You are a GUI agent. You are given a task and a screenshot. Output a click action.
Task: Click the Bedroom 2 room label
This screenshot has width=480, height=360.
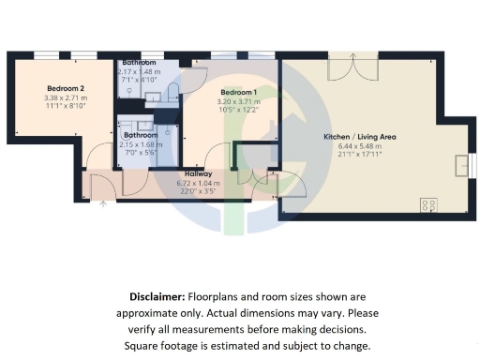pos(66,89)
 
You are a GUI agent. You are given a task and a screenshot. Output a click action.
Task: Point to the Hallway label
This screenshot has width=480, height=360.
pos(197,174)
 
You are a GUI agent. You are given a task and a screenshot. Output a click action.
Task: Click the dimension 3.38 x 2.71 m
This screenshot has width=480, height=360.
pos(66,97)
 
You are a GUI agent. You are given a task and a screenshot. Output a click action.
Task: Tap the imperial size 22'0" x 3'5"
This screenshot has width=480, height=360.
pos(197,191)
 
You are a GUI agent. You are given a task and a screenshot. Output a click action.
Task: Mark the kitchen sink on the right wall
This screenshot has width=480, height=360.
pos(459,165)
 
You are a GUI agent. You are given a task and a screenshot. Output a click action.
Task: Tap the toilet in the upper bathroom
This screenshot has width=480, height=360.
pos(175,90)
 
